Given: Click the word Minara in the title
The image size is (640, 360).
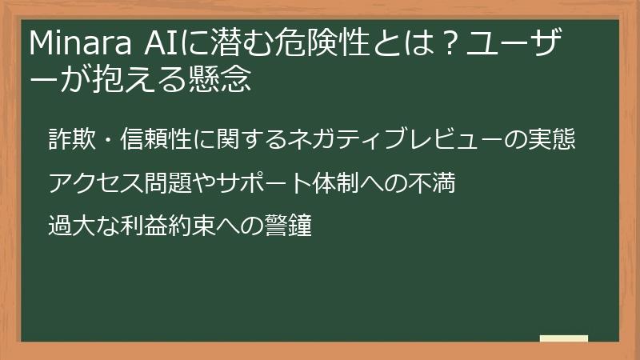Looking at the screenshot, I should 74,44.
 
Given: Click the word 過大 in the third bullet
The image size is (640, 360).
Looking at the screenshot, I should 73,227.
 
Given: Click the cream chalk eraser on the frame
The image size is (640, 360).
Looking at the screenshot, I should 563,339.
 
